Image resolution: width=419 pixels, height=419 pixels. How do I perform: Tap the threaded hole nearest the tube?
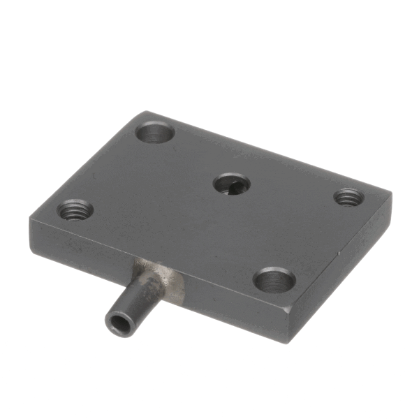75,208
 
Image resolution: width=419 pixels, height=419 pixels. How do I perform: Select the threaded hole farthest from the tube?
348,198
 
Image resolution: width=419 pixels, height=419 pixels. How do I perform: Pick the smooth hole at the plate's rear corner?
155,132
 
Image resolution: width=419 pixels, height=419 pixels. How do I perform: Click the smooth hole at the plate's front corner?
274,281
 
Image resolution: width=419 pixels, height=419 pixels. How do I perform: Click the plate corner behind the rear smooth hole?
145,113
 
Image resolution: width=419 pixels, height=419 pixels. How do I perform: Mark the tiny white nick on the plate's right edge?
339,249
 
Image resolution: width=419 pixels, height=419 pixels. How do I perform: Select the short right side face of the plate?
342,279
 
